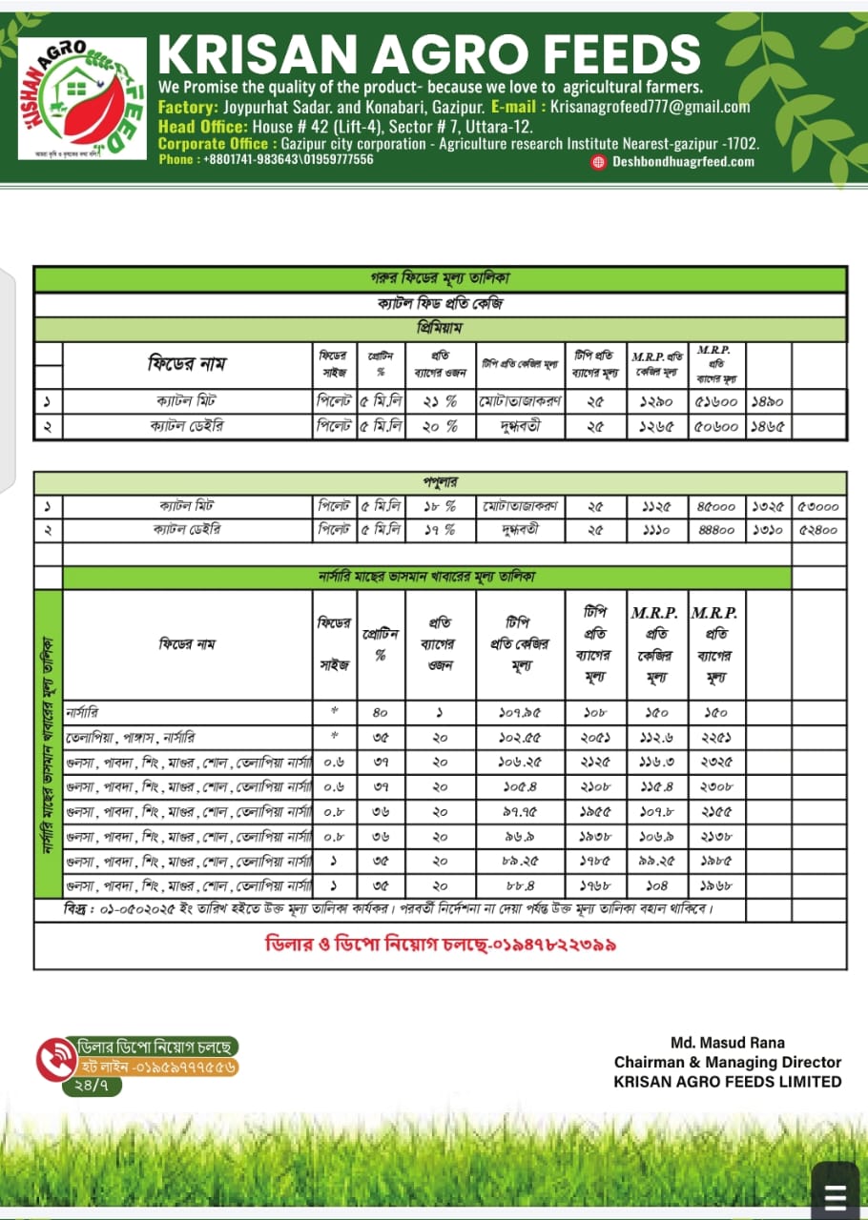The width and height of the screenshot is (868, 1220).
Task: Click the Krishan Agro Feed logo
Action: (82, 98)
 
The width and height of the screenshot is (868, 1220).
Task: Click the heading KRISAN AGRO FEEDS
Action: (428, 53)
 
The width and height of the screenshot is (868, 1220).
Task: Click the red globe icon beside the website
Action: (599, 161)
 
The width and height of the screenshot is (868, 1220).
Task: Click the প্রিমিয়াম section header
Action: (440, 328)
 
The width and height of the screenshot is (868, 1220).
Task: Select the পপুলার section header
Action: (440, 482)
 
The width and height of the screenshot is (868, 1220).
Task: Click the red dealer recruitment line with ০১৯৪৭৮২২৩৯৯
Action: (440, 945)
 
